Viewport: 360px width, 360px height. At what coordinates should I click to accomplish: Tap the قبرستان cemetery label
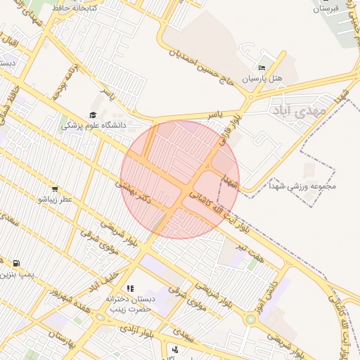point(326,8)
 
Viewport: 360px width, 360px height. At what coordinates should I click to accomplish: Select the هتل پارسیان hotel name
point(262,79)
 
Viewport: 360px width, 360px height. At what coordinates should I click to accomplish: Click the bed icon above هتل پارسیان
point(262,67)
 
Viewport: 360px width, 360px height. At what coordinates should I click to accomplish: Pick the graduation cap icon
point(93,115)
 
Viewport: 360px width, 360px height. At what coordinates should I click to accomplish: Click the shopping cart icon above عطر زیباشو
point(55,188)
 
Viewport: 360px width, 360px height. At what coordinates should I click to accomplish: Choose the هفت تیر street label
point(250,253)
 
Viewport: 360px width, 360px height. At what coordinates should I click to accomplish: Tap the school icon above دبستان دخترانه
point(130,288)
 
